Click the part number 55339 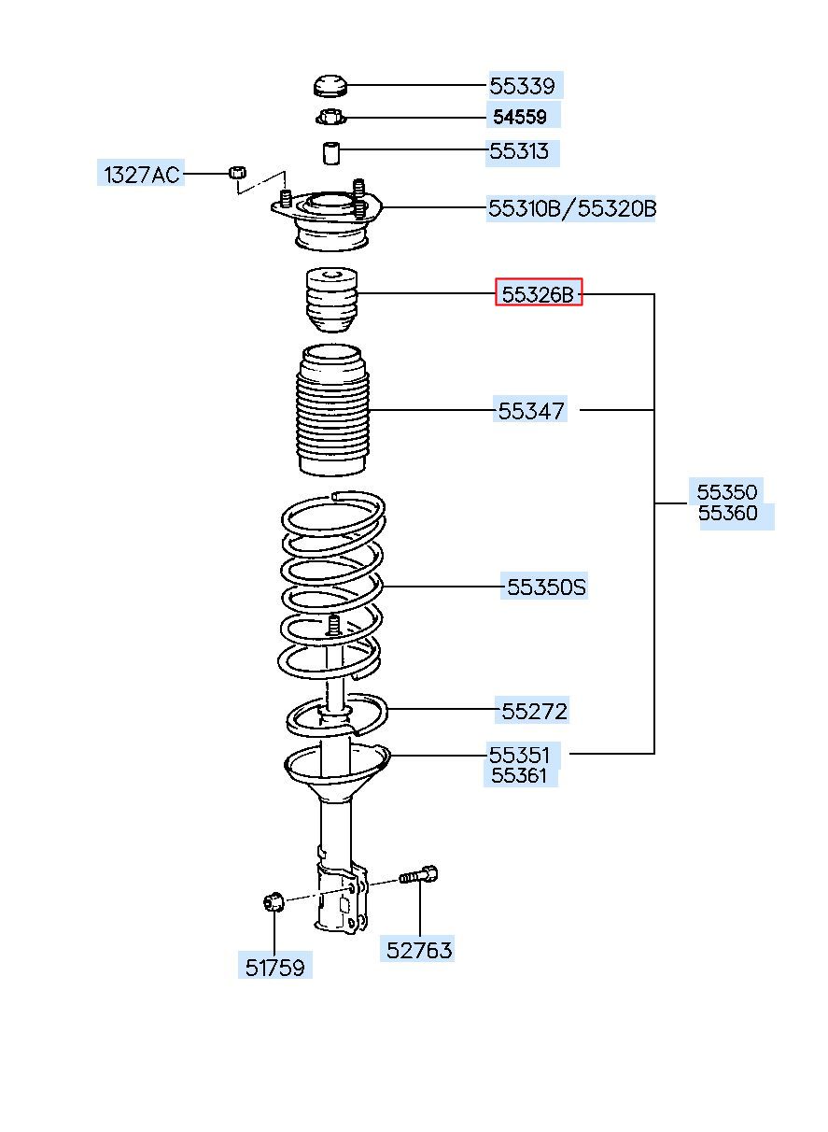tap(523, 86)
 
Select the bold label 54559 tap(520, 118)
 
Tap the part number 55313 tap(519, 151)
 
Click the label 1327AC tap(142, 175)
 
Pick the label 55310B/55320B tap(572, 208)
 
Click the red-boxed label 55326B tap(538, 294)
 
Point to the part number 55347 tap(530, 411)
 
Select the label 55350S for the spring tap(545, 587)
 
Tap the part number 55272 tap(534, 712)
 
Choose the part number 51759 tap(274, 968)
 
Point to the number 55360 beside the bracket tap(727, 513)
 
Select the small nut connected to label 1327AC tap(237, 172)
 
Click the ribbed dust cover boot tap(332, 410)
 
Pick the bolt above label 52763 tap(418, 875)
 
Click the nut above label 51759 tap(274, 901)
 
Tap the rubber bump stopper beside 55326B tap(331, 299)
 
